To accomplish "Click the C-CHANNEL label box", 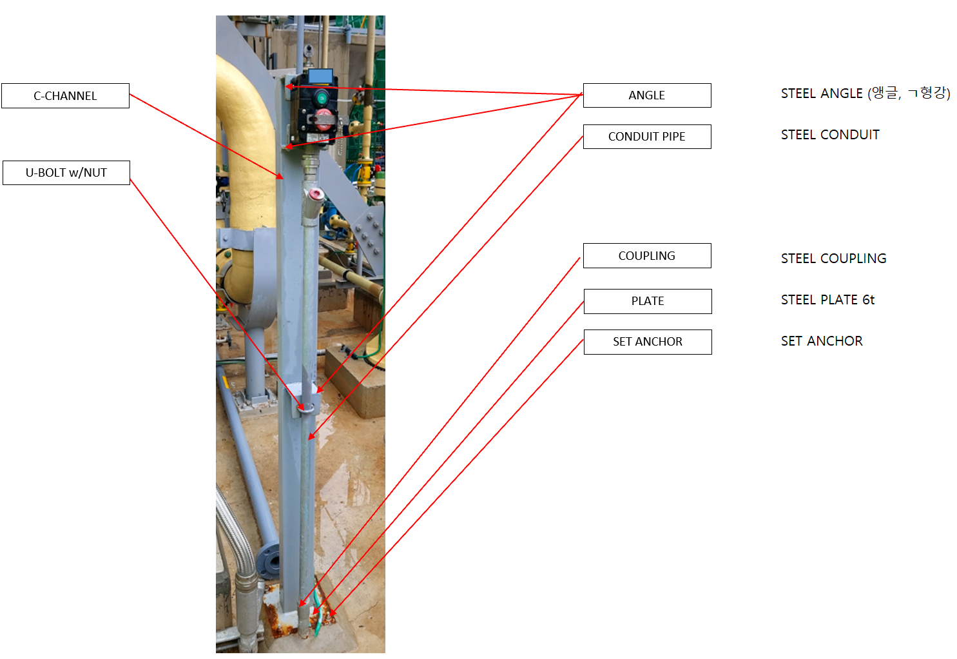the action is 65,95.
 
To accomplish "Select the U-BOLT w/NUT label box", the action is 66,173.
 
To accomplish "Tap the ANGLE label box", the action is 646,95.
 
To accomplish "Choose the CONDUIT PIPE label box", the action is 646,137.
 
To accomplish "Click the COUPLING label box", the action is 646,256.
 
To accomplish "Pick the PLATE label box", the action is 647,301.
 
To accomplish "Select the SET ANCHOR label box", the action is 647,342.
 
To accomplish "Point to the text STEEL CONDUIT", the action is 830,135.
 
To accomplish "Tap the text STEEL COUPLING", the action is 833,259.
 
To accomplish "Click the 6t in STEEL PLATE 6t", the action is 868,300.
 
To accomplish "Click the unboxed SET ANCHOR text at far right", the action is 822,341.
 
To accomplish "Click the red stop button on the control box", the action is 324,117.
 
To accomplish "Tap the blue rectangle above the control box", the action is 320,76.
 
